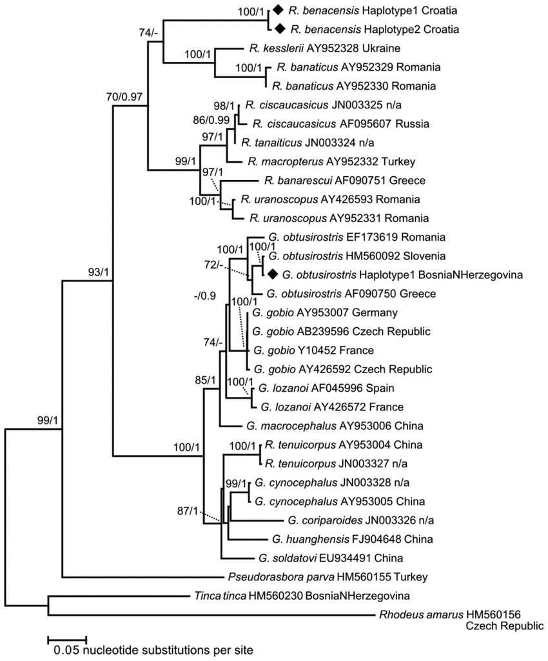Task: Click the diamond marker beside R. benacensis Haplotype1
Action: click(x=277, y=10)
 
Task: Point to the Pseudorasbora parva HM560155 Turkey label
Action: click(x=328, y=576)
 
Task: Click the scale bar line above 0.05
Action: click(x=67, y=640)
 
